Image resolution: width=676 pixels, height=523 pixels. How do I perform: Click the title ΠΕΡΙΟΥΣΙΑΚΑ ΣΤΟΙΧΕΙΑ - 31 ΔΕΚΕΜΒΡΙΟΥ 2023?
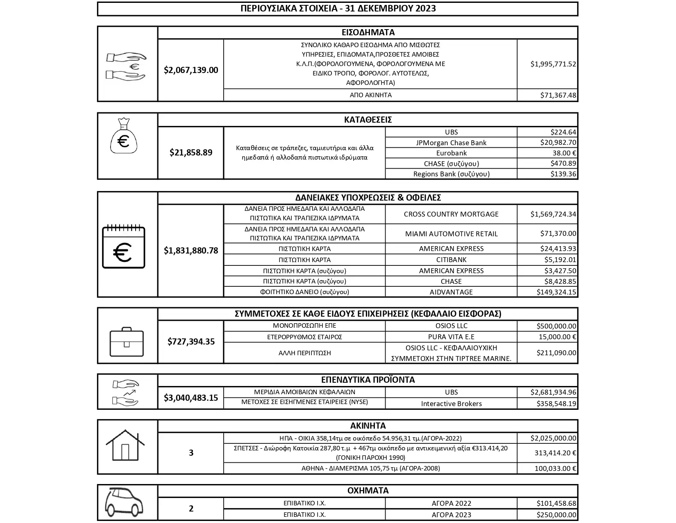(x=338, y=9)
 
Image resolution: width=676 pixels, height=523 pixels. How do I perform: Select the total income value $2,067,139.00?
(x=191, y=70)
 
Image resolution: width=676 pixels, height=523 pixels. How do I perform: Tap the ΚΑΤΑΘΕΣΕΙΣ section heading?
(x=367, y=120)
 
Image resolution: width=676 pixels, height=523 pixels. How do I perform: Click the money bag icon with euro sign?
(x=123, y=137)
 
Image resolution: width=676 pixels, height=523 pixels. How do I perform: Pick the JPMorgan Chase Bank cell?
(x=451, y=143)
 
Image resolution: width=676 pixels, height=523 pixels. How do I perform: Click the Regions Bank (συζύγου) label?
(x=451, y=174)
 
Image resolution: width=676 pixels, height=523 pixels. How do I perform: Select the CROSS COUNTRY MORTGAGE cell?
(x=451, y=214)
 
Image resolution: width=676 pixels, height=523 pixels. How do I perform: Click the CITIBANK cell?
(x=451, y=260)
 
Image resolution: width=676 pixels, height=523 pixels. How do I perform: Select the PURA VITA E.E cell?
(x=451, y=337)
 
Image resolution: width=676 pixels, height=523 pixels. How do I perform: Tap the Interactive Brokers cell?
(x=451, y=404)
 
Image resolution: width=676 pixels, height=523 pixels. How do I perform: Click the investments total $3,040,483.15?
(x=191, y=397)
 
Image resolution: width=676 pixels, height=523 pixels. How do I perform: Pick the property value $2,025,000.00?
(x=553, y=438)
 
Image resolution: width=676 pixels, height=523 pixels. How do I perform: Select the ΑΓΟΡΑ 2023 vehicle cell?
(x=451, y=515)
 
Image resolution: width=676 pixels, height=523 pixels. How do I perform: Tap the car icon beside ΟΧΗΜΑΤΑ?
(x=124, y=502)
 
